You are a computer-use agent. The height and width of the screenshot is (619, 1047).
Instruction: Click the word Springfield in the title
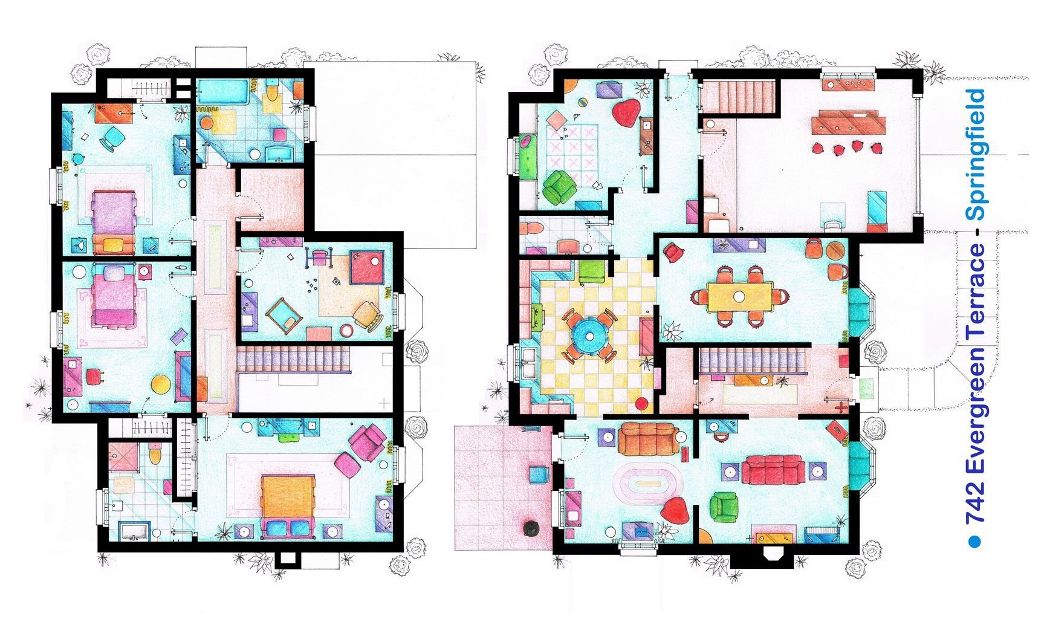click(x=976, y=155)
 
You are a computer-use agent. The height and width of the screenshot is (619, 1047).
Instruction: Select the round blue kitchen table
click(x=588, y=334)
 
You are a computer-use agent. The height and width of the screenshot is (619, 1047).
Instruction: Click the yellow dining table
click(x=740, y=297)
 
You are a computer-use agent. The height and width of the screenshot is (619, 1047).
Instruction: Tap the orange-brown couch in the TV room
click(x=647, y=438)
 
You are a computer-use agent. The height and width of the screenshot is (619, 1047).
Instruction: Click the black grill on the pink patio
click(x=531, y=528)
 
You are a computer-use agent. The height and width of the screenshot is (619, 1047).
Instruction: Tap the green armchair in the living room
click(x=724, y=507)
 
